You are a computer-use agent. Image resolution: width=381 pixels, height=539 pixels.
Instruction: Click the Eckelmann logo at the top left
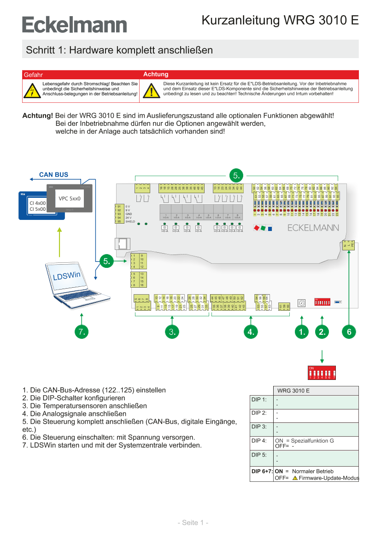(74, 24)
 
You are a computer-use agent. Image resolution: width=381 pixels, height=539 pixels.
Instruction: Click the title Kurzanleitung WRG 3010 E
(280, 21)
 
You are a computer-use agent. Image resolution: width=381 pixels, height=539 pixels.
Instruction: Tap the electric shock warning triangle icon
(31, 90)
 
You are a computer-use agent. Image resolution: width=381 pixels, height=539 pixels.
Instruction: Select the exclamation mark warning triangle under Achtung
(151, 90)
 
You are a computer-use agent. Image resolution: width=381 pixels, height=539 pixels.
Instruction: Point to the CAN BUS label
(53, 175)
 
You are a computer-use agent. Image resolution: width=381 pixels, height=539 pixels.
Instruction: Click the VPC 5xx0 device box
(70, 199)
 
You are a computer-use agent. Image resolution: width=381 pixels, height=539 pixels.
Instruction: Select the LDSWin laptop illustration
(76, 286)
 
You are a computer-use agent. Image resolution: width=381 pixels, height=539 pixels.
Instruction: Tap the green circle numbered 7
(82, 332)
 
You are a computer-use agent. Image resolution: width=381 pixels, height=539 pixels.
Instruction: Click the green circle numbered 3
(172, 332)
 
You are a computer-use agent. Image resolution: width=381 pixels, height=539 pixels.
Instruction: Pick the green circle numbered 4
(251, 332)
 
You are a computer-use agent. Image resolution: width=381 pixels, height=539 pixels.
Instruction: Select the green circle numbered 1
(302, 332)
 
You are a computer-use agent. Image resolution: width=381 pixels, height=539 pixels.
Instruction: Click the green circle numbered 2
(322, 332)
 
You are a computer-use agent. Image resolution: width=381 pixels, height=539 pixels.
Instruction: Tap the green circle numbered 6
(349, 332)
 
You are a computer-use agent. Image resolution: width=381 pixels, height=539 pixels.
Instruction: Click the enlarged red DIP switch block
(322, 373)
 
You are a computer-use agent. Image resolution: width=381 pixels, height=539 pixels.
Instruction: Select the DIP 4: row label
(259, 441)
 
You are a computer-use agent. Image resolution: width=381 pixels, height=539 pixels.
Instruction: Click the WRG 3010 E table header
(293, 391)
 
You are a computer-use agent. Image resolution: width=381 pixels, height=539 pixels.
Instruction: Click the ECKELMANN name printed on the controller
(313, 228)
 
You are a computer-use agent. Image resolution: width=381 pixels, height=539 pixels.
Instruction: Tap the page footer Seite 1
(193, 522)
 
